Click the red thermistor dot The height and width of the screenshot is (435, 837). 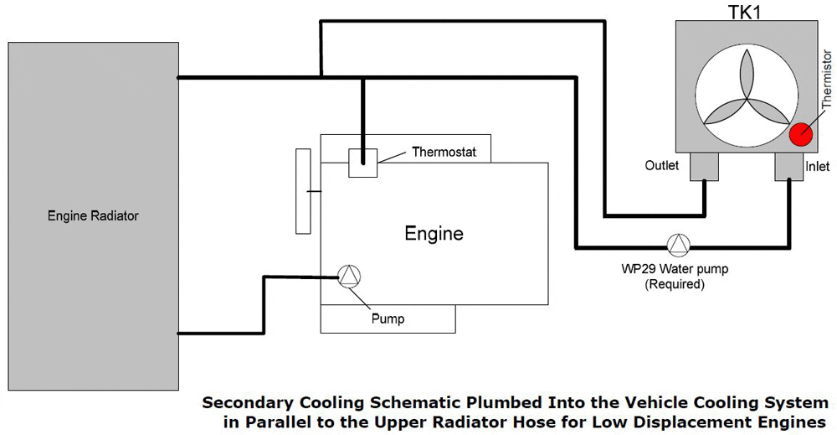coord(801,134)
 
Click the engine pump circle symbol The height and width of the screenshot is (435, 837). coord(348,277)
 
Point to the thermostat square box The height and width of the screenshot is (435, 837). coord(362,162)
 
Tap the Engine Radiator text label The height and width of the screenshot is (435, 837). coord(93,216)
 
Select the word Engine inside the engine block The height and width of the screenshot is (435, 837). coord(434,233)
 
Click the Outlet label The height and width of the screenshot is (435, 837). coord(662,166)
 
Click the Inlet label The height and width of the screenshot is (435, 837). coord(817,167)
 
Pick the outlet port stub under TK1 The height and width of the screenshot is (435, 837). coord(704,167)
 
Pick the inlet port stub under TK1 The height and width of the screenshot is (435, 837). coord(788,167)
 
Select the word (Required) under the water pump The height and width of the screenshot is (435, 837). coord(674,284)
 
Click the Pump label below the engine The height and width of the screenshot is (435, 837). coord(388,318)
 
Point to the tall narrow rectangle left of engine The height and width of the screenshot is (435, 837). coord(303,191)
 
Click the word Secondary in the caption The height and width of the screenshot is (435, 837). coord(246,403)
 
